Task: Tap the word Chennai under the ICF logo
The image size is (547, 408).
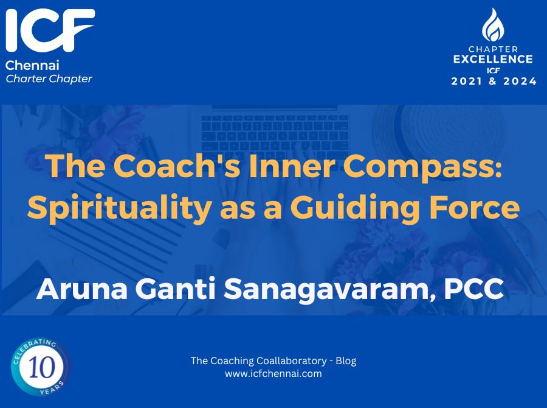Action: [x=32, y=65]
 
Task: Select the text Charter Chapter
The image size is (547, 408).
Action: [x=49, y=79]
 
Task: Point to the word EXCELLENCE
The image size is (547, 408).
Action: [x=493, y=58]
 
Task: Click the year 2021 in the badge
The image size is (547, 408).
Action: [x=467, y=81]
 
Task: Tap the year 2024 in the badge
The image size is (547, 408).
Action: [x=520, y=81]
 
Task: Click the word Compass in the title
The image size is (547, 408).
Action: [x=422, y=167]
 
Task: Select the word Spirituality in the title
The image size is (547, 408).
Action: [x=119, y=208]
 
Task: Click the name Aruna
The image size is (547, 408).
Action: [x=82, y=289]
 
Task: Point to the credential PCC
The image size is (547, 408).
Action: [x=473, y=289]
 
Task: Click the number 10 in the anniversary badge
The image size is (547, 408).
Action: [x=42, y=367]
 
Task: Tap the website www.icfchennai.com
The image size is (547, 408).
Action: [x=273, y=374]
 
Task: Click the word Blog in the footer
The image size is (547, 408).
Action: [x=346, y=361]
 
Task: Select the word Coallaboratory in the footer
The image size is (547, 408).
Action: [x=291, y=361]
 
